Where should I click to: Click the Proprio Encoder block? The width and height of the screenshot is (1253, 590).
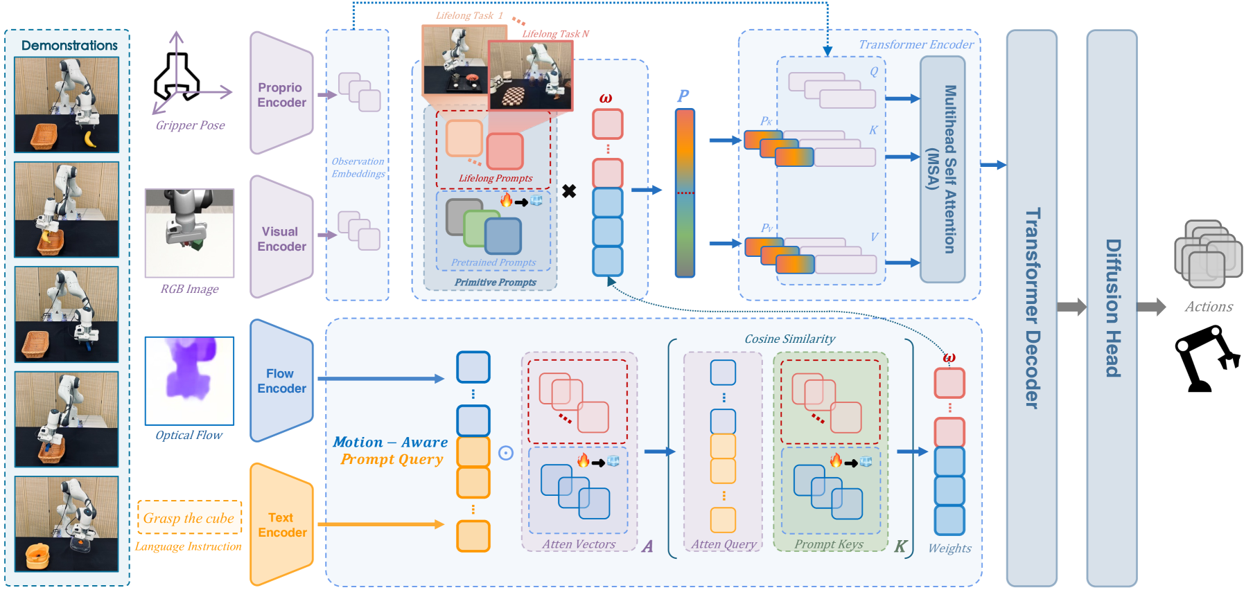point(281,94)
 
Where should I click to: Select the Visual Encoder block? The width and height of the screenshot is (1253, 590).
point(281,238)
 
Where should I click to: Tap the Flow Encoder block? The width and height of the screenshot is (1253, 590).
point(281,381)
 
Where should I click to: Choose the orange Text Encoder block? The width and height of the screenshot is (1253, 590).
point(281,525)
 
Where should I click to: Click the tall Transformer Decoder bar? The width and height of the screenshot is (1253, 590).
point(1032,308)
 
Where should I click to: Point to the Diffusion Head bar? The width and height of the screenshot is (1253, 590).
point(1112,308)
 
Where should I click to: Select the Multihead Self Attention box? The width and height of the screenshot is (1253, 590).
point(943,169)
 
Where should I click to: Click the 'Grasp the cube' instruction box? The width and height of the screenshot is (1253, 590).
point(189,518)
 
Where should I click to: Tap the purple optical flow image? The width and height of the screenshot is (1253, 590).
point(189,381)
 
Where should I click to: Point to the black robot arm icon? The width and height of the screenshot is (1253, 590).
point(1206,359)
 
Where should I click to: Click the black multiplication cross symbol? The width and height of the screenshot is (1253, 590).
point(569,191)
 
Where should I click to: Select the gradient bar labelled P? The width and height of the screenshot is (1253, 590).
point(685,193)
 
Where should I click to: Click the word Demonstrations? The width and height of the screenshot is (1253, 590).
point(69,46)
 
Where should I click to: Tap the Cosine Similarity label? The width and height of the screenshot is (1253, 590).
point(789,339)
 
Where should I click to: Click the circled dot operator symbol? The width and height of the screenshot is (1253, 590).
point(506,453)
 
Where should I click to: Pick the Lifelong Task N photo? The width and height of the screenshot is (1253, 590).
point(531,75)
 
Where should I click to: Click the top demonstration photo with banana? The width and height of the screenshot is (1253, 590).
point(67,105)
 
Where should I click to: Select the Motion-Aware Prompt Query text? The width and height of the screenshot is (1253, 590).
point(391,451)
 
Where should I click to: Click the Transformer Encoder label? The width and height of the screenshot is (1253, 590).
point(915,44)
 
